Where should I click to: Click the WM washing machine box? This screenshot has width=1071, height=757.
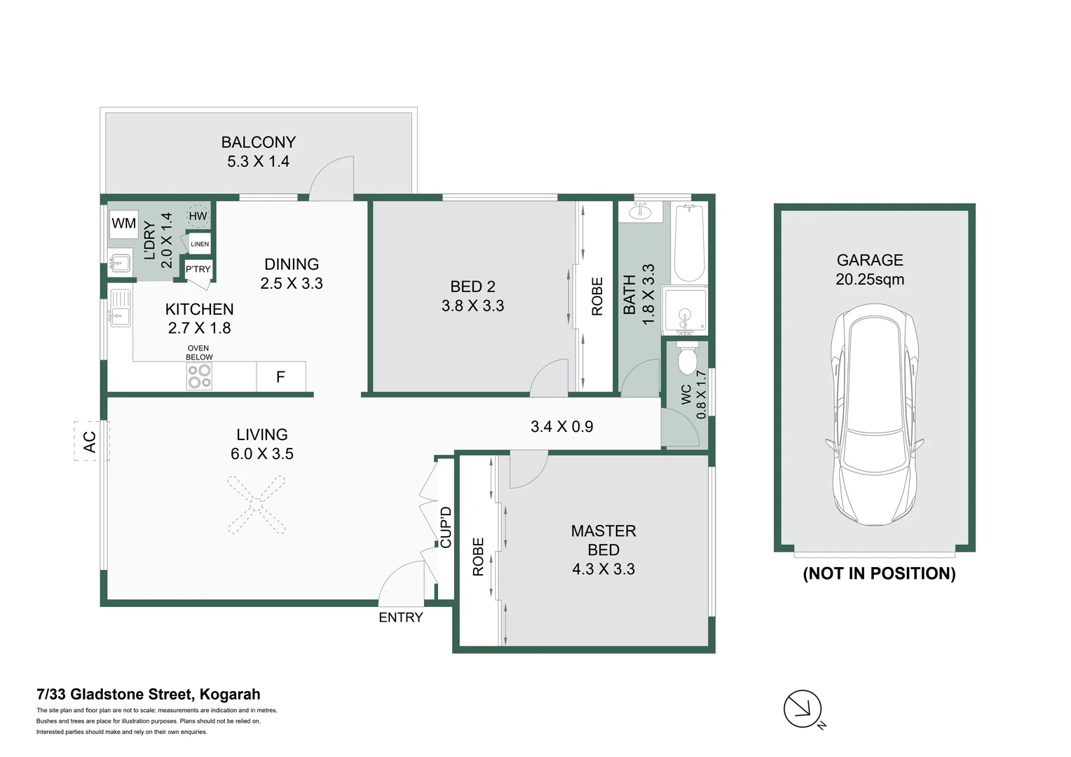click(124, 224)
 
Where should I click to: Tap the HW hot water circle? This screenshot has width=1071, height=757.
click(198, 216)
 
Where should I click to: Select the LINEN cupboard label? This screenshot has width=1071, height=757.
click(200, 244)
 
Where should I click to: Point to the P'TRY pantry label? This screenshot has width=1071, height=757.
click(198, 269)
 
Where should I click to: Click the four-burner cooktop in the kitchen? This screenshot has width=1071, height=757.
click(199, 376)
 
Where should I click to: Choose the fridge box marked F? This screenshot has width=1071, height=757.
click(280, 377)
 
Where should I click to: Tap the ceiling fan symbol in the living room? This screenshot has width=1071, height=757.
click(257, 505)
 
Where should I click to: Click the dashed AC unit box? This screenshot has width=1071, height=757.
click(91, 441)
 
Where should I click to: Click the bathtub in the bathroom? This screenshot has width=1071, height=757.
click(688, 243)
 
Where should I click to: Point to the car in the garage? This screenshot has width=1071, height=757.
click(875, 415)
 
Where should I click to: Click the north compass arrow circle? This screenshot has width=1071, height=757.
click(803, 709)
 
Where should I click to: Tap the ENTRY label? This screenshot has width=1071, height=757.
click(401, 618)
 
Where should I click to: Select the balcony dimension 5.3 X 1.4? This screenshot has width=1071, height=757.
click(258, 162)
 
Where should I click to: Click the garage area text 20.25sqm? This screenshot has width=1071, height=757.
click(870, 279)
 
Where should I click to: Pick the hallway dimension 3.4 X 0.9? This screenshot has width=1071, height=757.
click(562, 427)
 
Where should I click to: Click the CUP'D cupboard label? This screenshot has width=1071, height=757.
click(446, 527)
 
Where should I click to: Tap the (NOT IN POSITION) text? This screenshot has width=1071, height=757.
click(879, 573)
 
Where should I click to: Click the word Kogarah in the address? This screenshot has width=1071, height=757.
click(230, 695)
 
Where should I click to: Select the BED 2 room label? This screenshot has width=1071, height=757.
click(472, 287)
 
